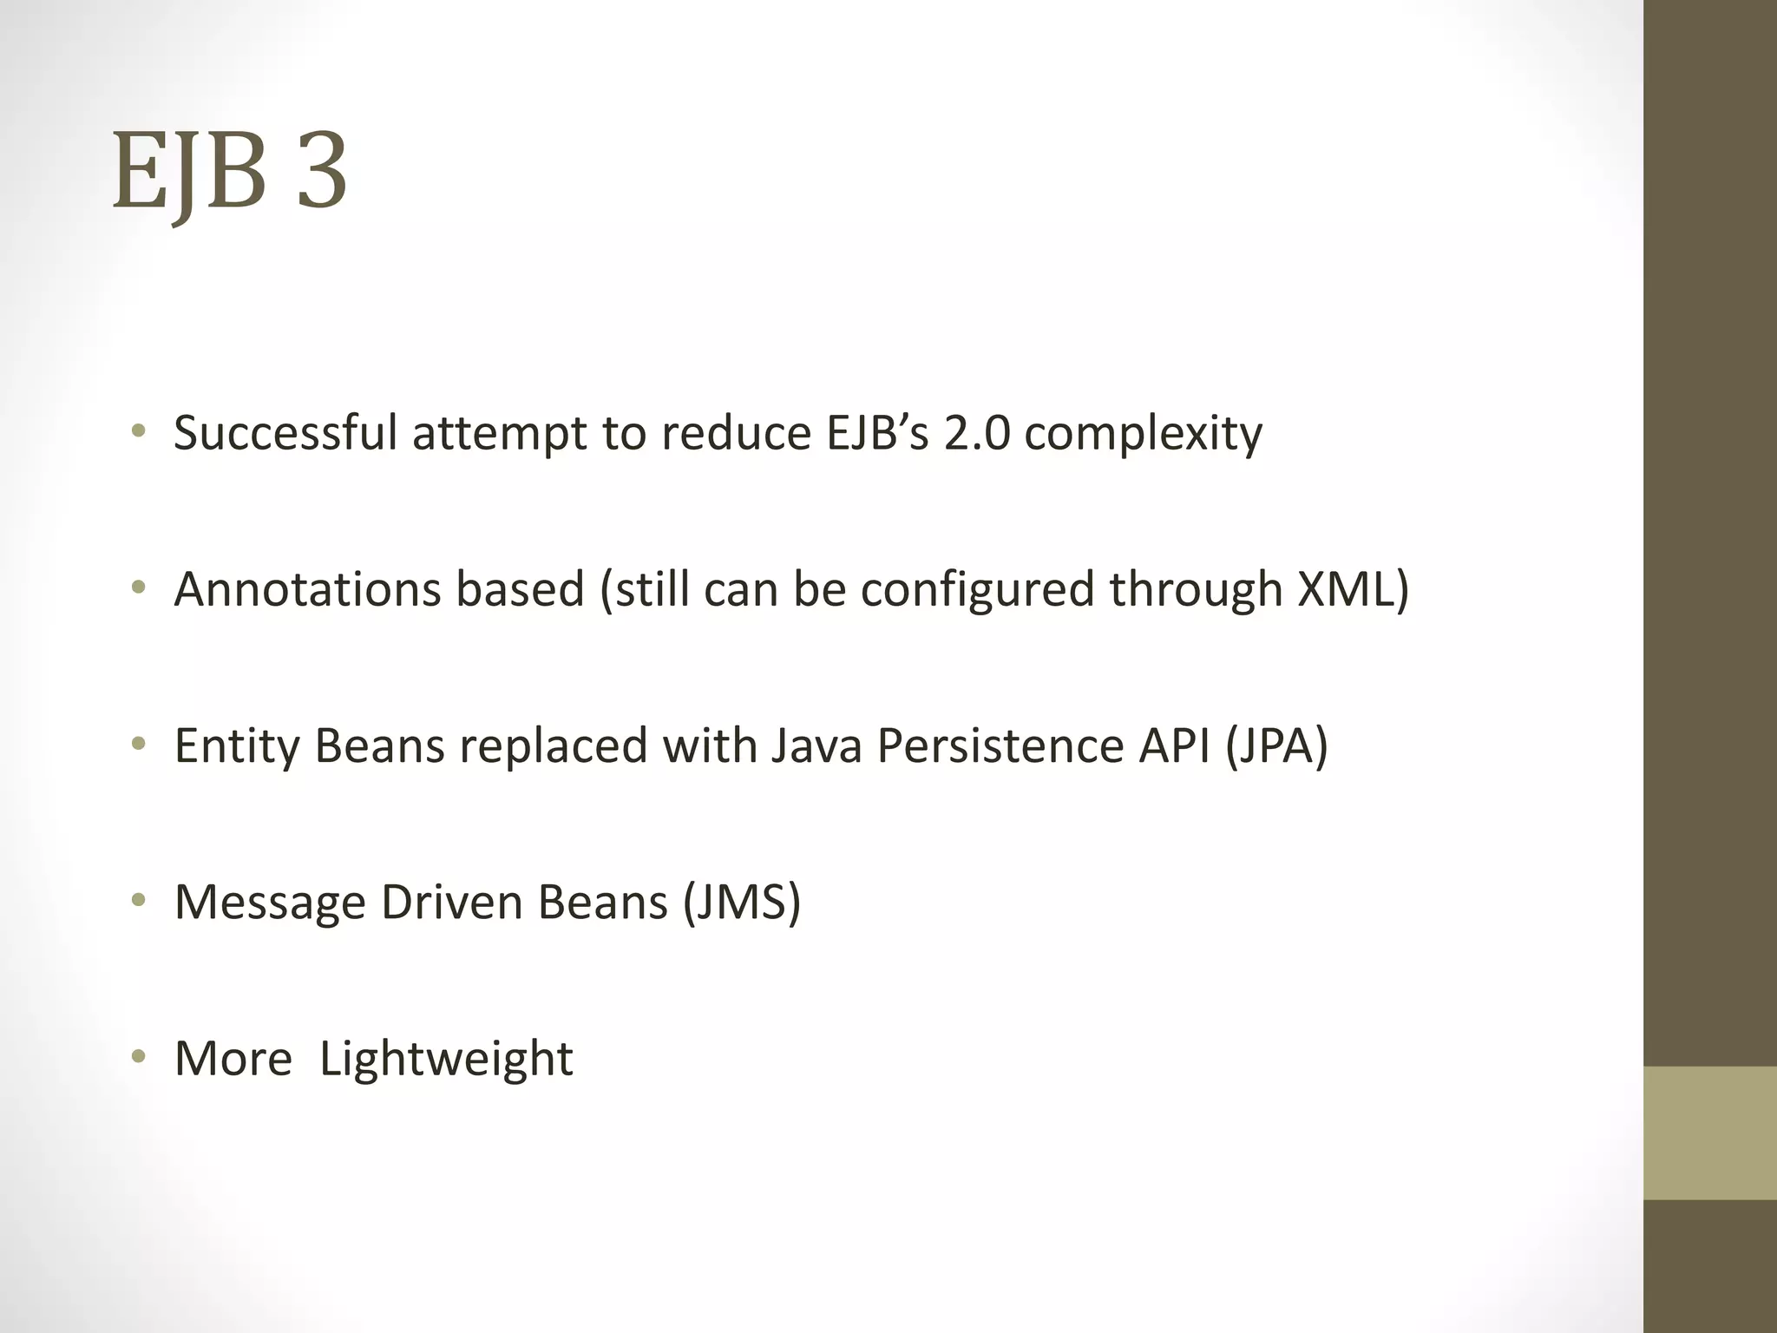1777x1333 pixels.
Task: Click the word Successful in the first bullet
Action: [x=285, y=432]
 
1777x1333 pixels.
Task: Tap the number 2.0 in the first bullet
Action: [x=977, y=432]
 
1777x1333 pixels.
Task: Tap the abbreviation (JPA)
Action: [x=1276, y=746]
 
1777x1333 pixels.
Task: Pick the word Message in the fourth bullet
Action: [x=270, y=903]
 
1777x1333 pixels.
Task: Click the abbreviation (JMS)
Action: [x=742, y=903]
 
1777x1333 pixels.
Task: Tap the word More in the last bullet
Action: [x=233, y=1059]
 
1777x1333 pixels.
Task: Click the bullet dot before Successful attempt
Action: [x=138, y=432]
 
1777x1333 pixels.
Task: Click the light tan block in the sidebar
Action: [x=1709, y=1133]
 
